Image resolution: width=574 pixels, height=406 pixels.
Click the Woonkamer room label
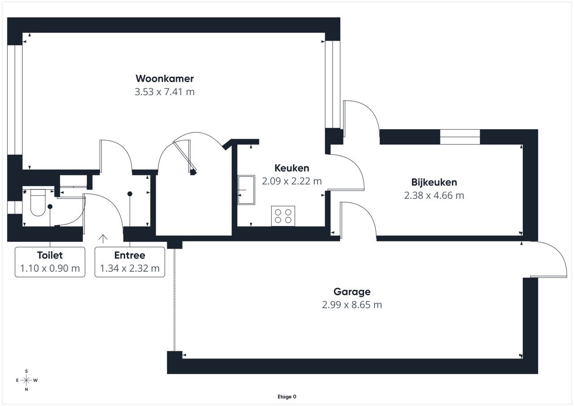[165, 79]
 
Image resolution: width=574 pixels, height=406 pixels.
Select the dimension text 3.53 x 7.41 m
[165, 92]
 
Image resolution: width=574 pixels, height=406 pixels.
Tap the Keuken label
[291, 168]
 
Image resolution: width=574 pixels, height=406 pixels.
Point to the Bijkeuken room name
[434, 182]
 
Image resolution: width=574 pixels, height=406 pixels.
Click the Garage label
[352, 292]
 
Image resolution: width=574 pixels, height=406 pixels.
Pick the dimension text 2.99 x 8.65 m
[352, 305]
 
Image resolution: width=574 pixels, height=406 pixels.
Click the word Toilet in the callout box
[50, 255]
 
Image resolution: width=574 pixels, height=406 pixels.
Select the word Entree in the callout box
[130, 255]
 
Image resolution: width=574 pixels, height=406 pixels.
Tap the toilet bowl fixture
[38, 202]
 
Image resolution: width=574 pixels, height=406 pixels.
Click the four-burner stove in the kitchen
[283, 216]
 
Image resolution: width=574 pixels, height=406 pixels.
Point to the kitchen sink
[246, 190]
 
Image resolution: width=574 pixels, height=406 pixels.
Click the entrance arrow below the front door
[103, 239]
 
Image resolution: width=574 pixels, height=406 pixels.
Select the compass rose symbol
[26, 380]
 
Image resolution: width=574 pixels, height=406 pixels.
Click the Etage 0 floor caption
[287, 397]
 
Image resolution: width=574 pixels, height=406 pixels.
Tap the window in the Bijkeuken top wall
[460, 137]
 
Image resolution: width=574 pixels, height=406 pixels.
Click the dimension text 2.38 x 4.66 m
[434, 195]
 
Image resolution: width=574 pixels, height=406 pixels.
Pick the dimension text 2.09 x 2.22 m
[291, 181]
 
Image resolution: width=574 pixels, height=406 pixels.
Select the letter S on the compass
[26, 371]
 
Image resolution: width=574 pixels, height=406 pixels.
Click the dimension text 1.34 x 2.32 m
[130, 268]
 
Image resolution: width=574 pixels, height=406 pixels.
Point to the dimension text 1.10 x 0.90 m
[50, 268]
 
